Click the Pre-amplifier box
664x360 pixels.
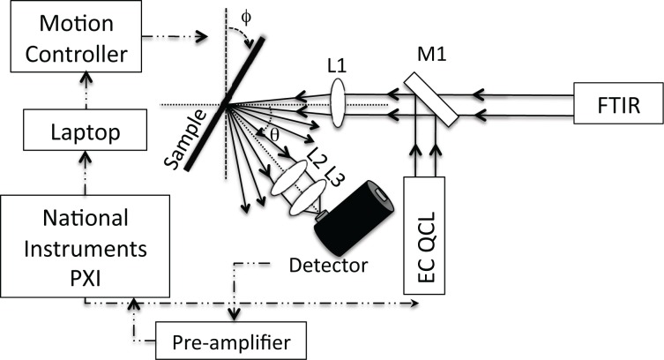point(232,339)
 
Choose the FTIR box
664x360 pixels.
point(617,104)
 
